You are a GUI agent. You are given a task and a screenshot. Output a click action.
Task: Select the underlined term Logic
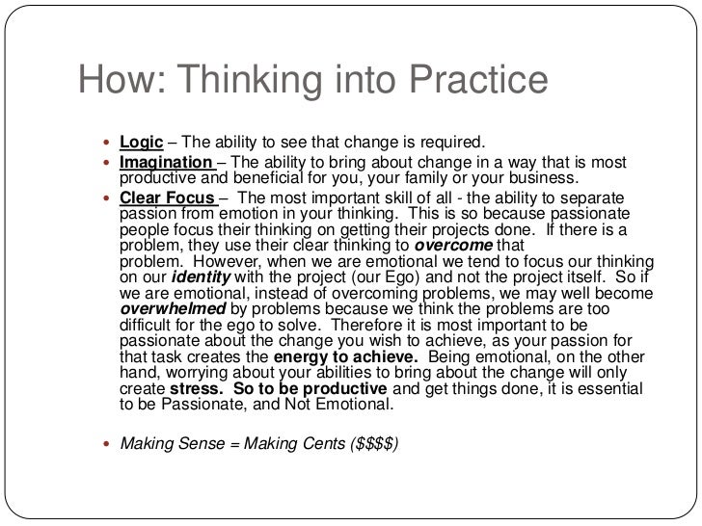tap(140, 144)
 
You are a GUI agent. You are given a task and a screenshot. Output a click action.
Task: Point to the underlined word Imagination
tap(166, 162)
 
